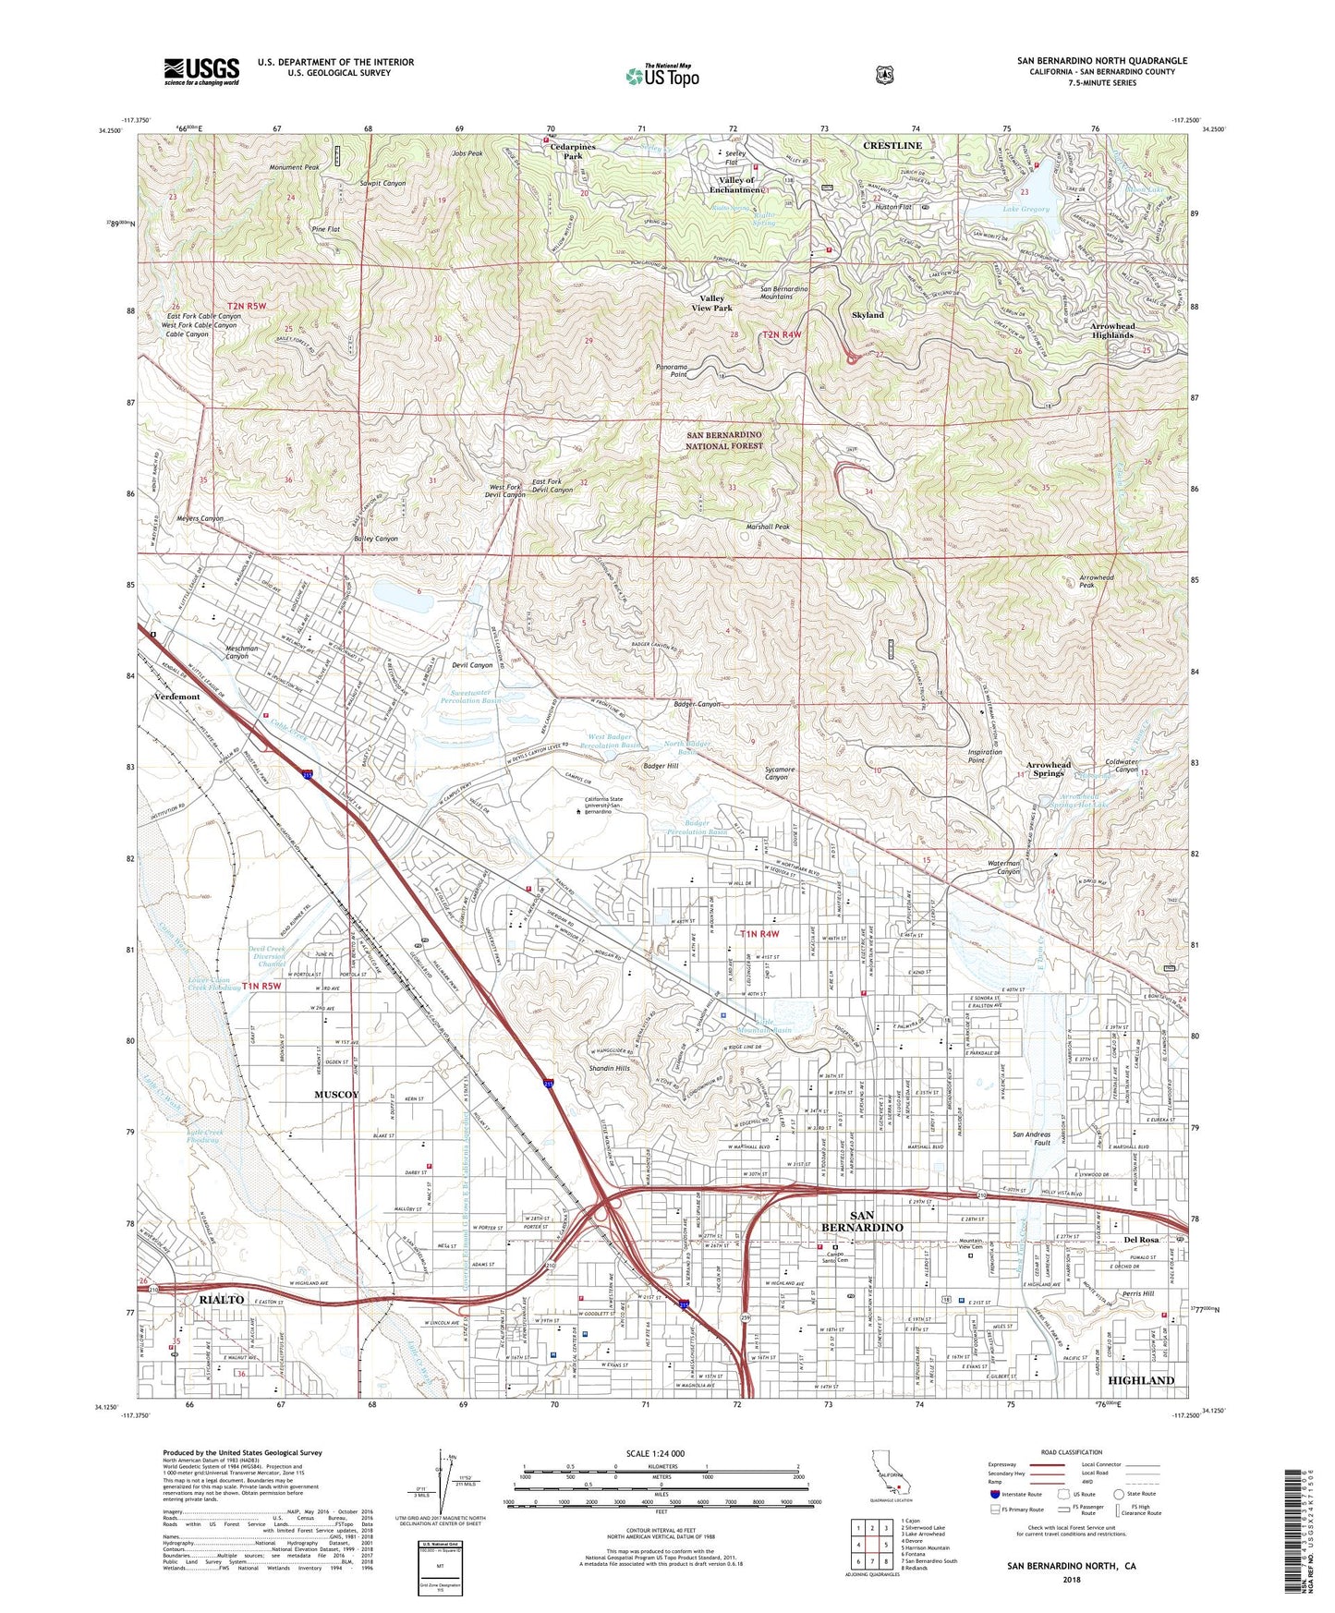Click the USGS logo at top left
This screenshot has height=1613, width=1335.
coord(201,71)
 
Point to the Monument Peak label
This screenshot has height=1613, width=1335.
coord(294,168)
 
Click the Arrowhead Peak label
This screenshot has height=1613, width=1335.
coord(1098,582)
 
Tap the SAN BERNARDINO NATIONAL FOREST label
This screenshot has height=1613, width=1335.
coord(724,440)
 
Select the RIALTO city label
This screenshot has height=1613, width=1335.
coord(222,1300)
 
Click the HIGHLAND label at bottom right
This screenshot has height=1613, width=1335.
coord(1140,1380)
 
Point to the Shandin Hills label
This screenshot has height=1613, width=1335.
coord(610,1069)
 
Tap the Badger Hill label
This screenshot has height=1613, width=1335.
coord(661,767)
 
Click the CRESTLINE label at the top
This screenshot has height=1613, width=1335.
coord(892,146)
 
